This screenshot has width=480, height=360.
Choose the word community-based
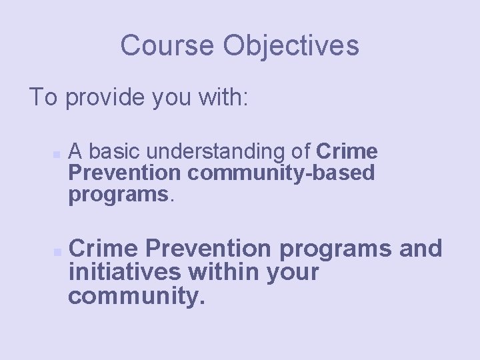point(281,173)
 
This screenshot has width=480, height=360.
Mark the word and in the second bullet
point(420,249)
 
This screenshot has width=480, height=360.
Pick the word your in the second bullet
point(294,272)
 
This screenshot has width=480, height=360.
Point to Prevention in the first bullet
point(125,173)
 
